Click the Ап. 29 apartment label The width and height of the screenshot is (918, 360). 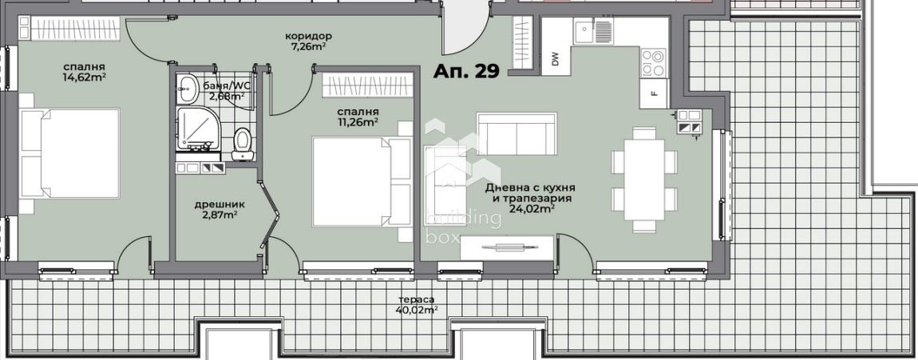tap(466, 71)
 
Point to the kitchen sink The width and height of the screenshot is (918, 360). tap(593, 31)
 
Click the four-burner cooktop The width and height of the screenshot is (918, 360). tap(654, 62)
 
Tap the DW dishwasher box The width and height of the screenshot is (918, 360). tap(555, 58)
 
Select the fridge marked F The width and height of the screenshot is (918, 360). tap(654, 93)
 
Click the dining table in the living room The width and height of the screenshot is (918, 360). tap(644, 179)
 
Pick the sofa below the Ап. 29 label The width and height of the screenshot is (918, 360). tap(516, 134)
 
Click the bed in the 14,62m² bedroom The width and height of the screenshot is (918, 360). tap(69, 153)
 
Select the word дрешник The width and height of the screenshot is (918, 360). tap(220, 205)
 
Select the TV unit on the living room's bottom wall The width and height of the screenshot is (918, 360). tap(507, 247)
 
